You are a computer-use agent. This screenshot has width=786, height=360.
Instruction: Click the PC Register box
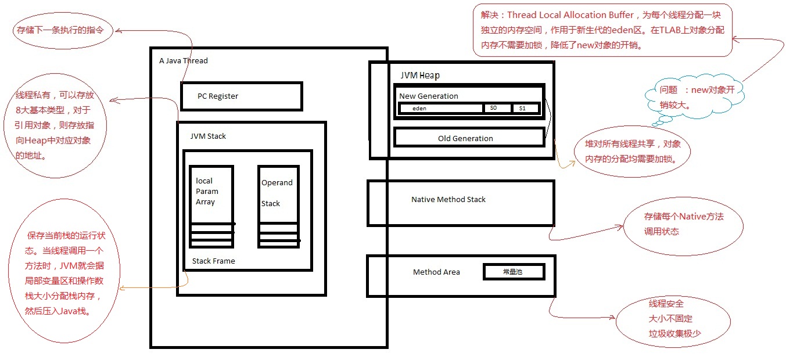pyautogui.click(x=241, y=96)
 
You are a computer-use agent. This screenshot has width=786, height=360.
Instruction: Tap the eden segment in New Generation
pyautogui.click(x=441, y=109)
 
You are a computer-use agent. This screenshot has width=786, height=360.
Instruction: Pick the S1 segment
pyautogui.click(x=525, y=109)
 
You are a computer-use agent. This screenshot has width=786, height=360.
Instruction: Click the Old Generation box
pyautogui.click(x=469, y=138)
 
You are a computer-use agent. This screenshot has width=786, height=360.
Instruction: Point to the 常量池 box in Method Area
pyautogui.click(x=514, y=272)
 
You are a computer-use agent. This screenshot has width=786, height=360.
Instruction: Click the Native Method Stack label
pyautogui.click(x=448, y=200)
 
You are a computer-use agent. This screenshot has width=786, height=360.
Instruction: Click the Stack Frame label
pyautogui.click(x=214, y=261)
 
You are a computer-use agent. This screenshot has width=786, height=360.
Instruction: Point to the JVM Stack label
pyautogui.click(x=208, y=136)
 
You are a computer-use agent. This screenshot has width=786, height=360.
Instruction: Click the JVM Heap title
pyautogui.click(x=419, y=75)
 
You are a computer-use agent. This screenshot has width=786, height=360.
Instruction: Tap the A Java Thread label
pyautogui.click(x=183, y=61)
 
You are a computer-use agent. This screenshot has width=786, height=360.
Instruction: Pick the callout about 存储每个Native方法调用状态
pyautogui.click(x=683, y=224)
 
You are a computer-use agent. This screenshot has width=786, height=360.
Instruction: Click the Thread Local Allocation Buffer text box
pyautogui.click(x=602, y=30)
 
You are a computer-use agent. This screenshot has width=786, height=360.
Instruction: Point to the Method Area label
pyautogui.click(x=436, y=272)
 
